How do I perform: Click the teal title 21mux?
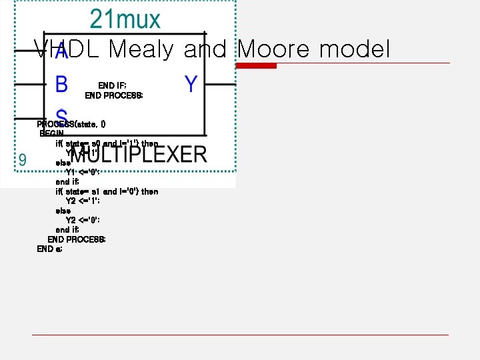[125, 19]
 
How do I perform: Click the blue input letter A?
[61, 51]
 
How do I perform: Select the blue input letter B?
[61, 85]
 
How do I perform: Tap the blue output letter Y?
[191, 85]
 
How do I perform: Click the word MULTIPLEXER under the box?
[139, 155]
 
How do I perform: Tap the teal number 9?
[22, 160]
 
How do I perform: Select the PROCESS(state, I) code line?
[71, 124]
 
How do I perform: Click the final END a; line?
[50, 249]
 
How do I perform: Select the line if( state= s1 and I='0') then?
[107, 191]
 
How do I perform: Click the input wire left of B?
[29, 85]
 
